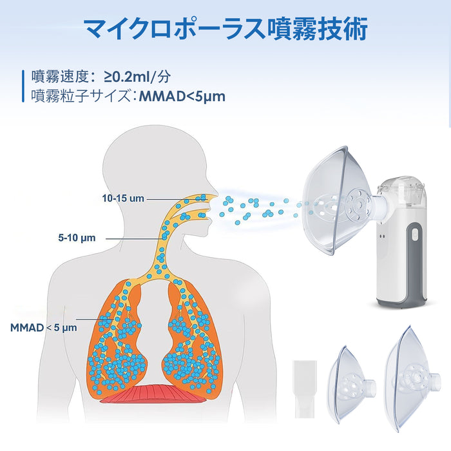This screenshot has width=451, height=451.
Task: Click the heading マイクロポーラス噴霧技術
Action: click(x=225, y=29)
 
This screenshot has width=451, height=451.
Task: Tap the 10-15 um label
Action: click(x=122, y=198)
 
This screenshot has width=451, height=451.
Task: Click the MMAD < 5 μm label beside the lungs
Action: click(x=43, y=327)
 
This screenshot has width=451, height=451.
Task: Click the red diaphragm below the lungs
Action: click(x=153, y=394)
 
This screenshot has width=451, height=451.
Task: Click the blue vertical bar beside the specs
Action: click(x=23, y=86)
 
